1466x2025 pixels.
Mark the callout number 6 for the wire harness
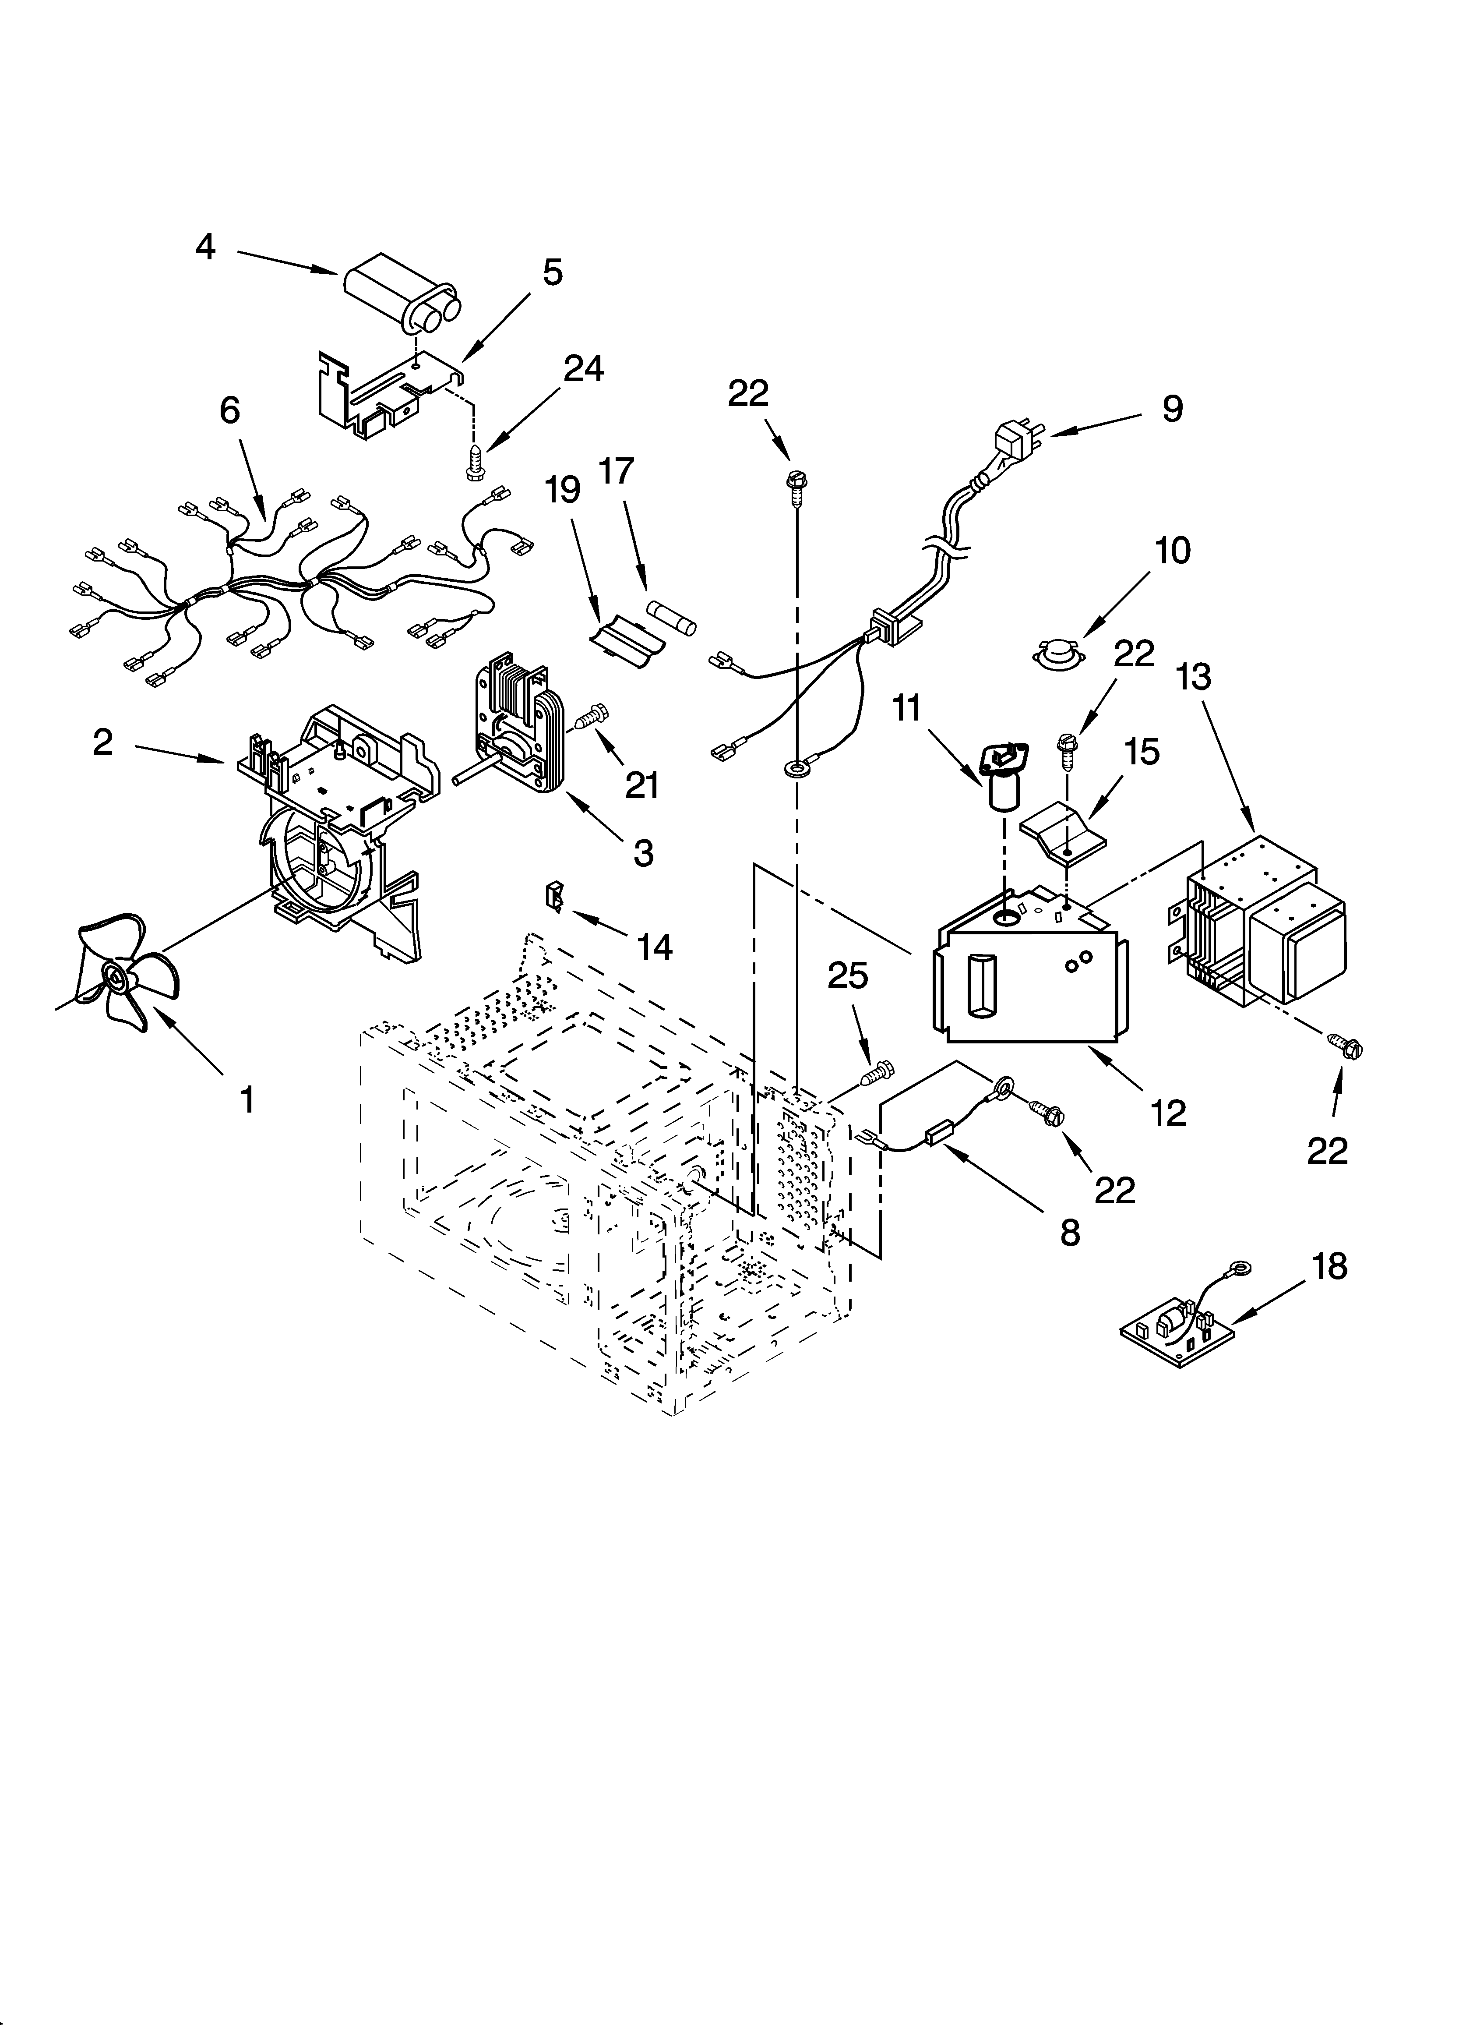click(229, 411)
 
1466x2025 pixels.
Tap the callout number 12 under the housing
click(1169, 1113)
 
